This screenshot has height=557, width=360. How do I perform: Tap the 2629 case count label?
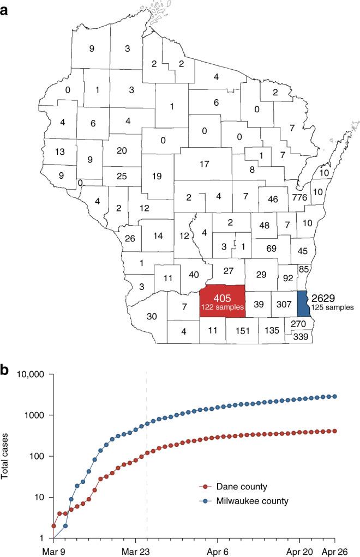click(x=324, y=298)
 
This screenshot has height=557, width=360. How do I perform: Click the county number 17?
click(x=205, y=164)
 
